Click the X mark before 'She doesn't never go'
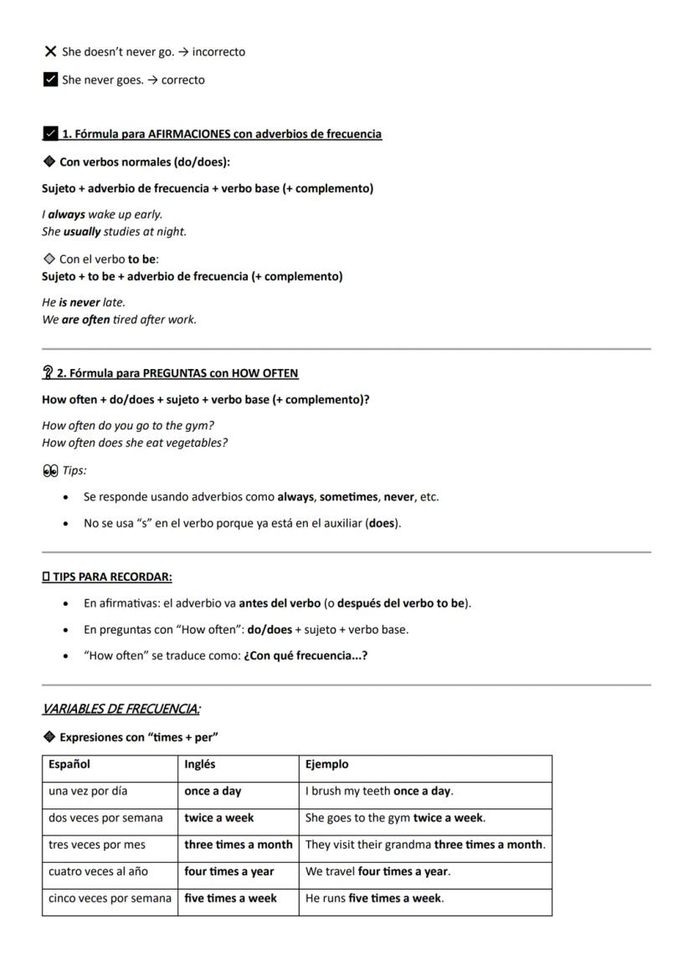(x=49, y=52)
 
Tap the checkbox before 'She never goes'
(x=49, y=80)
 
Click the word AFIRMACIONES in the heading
(x=205, y=134)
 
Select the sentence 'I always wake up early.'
(x=102, y=214)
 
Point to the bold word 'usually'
(x=82, y=232)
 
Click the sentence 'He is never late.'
(x=84, y=302)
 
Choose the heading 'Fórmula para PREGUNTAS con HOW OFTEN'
(x=177, y=373)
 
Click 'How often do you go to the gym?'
(x=128, y=425)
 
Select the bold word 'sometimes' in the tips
(x=348, y=497)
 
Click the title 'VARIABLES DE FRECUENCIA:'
(x=121, y=710)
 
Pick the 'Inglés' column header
(x=200, y=764)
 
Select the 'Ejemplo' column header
(x=326, y=764)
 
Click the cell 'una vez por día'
(x=88, y=791)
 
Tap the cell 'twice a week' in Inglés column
(x=219, y=818)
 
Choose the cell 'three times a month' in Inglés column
(x=239, y=844)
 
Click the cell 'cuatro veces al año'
(x=98, y=871)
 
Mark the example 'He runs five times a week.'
(x=374, y=898)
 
